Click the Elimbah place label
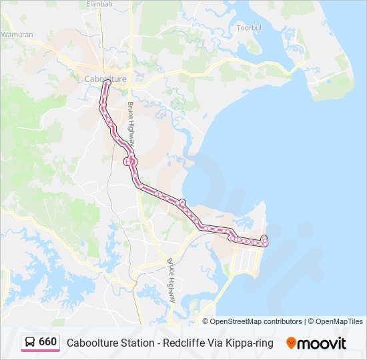[100, 4]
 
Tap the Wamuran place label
[17, 34]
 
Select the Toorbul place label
[252, 28]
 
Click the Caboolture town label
[105, 79]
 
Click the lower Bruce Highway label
[171, 281]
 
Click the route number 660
[48, 342]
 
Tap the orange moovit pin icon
[292, 343]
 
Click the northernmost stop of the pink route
[107, 83]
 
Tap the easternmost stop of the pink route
[266, 243]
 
